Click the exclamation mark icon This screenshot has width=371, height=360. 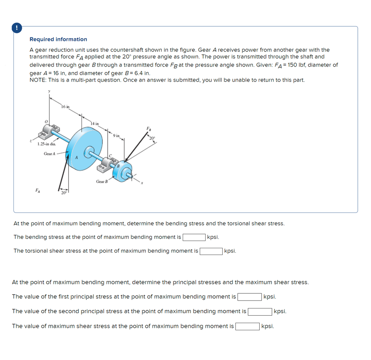click(16, 28)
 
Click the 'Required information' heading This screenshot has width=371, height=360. click(58, 39)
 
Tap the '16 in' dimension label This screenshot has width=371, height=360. click(65, 107)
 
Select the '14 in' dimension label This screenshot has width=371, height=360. click(95, 124)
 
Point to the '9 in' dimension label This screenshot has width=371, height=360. click(116, 136)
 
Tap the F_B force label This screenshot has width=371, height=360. click(149, 129)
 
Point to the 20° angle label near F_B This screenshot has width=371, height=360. click(152, 138)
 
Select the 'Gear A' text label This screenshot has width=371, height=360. click(50, 153)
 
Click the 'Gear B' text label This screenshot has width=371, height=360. click(102, 181)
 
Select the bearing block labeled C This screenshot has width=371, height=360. click(109, 163)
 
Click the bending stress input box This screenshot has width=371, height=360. click(194, 237)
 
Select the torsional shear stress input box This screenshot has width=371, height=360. click(211, 251)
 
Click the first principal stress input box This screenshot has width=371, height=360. click(249, 297)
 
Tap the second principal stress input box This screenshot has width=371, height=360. click(260, 311)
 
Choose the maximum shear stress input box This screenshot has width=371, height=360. click(248, 326)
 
